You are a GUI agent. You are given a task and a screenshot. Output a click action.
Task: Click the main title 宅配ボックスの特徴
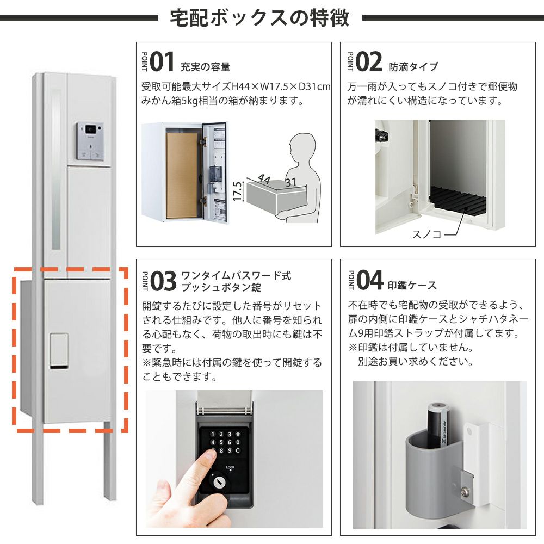click(259, 18)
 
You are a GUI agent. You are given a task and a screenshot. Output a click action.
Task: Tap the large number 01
click(162, 62)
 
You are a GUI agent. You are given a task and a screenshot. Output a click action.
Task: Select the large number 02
click(369, 62)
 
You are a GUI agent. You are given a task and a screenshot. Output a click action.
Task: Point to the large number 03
click(164, 281)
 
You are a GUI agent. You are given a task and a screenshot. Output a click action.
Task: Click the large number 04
click(370, 280)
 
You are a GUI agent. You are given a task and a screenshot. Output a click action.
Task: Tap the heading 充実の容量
click(206, 66)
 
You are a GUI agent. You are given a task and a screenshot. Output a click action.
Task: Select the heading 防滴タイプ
click(413, 66)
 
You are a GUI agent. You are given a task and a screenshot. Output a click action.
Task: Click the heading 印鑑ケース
click(412, 285)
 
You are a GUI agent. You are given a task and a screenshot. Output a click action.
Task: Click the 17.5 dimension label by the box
click(237, 191)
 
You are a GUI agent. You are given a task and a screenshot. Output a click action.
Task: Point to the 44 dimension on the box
click(264, 178)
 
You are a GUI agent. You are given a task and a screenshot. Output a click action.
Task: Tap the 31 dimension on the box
click(290, 182)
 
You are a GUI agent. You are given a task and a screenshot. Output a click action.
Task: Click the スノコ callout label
click(426, 234)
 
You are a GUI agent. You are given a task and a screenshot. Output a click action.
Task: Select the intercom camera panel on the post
click(90, 141)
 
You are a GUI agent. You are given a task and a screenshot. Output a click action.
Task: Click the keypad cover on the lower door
click(59, 350)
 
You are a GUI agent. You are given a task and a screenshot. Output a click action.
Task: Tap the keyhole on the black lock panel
click(218, 481)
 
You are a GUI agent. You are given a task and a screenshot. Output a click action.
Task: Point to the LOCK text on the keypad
click(230, 467)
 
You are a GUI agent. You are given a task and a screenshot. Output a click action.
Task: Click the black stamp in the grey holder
click(438, 425)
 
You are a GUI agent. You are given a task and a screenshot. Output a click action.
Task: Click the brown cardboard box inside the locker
click(182, 176)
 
